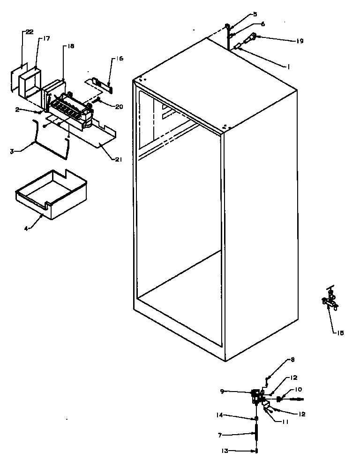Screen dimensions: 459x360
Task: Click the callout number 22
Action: tap(29, 32)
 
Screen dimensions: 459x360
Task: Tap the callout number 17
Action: tap(46, 39)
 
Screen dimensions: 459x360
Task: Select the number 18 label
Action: tap(71, 46)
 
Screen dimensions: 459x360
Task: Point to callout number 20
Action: tap(119, 106)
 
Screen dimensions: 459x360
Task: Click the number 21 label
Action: tap(118, 160)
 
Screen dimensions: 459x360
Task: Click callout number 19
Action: tap(300, 41)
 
